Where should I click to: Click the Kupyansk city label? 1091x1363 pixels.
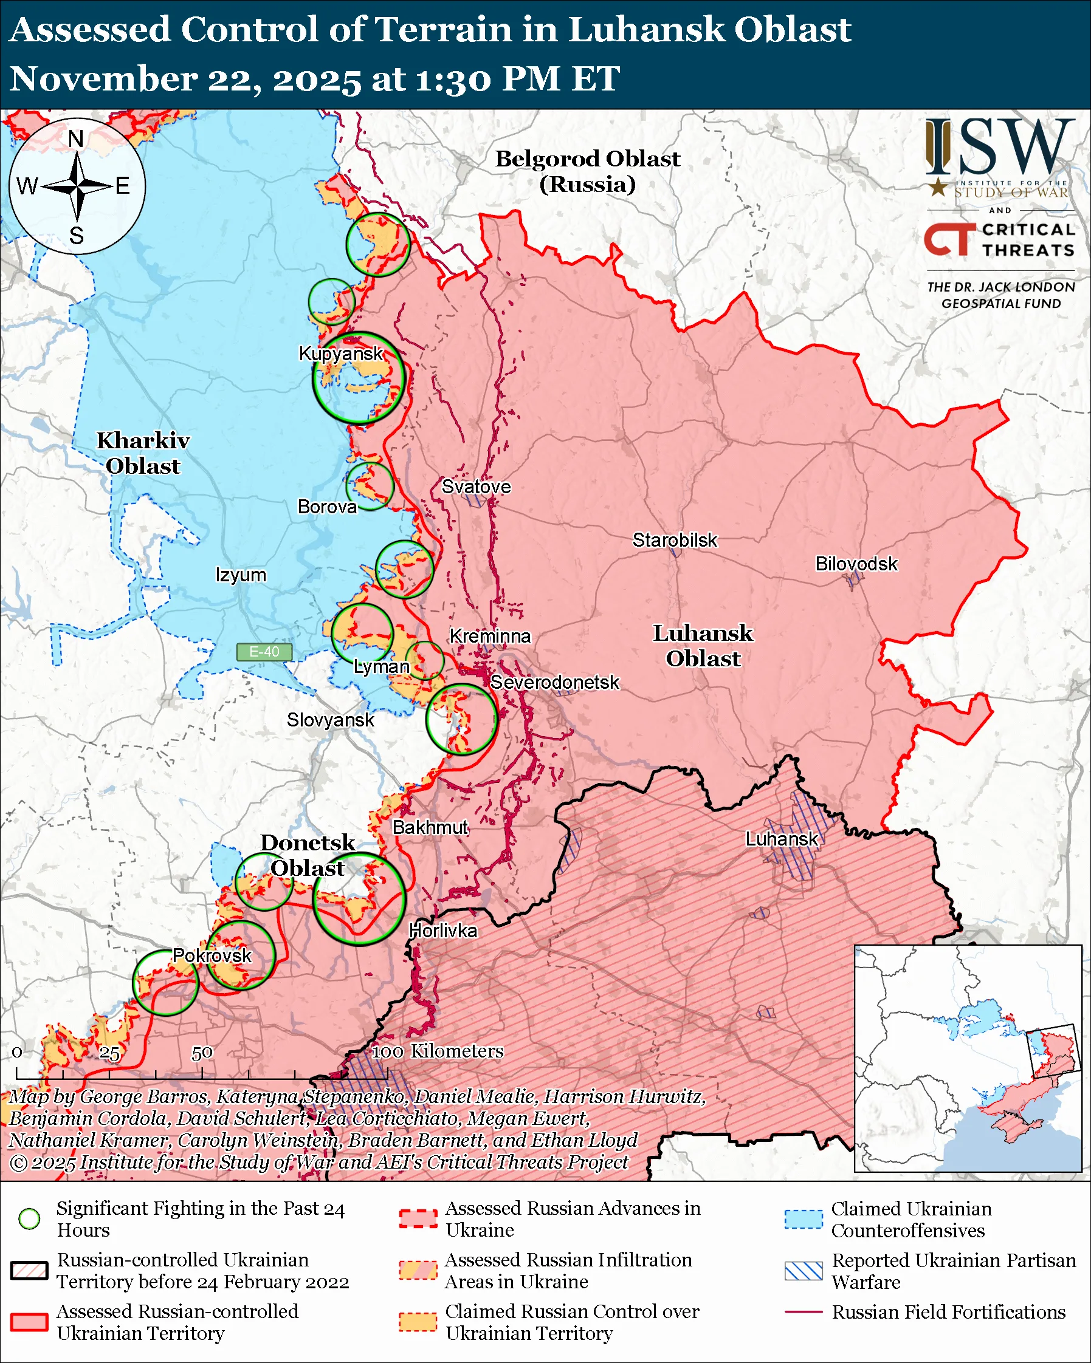click(341, 354)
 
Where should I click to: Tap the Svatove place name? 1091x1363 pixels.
click(476, 487)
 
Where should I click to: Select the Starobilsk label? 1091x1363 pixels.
click(675, 540)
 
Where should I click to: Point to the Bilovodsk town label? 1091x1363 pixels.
click(856, 563)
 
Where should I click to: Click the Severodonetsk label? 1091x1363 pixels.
click(555, 682)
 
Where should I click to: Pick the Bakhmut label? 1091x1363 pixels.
click(430, 827)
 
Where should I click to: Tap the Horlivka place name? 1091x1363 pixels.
click(442, 931)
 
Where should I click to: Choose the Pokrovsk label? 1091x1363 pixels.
click(212, 955)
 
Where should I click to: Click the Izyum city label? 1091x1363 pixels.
click(240, 575)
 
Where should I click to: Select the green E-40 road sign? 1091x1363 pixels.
click(264, 652)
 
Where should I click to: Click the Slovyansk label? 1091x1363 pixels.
click(330, 719)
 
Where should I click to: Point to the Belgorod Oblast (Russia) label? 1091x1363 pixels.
click(587, 171)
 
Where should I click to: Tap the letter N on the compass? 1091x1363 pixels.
click(76, 138)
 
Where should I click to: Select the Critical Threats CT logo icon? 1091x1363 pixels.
click(949, 239)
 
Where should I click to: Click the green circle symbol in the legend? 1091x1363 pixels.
click(29, 1218)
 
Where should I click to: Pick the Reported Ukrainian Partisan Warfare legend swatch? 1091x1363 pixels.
click(804, 1271)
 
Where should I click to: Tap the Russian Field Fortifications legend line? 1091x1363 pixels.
click(804, 1312)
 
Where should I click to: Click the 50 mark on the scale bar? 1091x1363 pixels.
click(202, 1053)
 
